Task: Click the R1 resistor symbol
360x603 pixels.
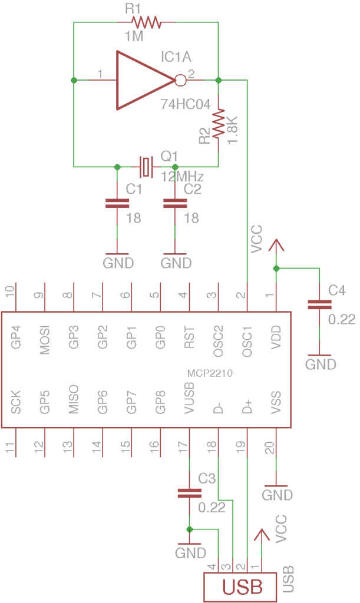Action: coord(146,22)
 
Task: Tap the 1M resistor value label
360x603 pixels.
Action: coord(134,37)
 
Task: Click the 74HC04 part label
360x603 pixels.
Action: coord(185,105)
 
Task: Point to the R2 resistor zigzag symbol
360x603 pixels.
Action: coord(219,123)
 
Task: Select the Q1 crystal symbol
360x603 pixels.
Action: coord(146,167)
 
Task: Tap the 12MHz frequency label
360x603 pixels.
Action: coord(182,177)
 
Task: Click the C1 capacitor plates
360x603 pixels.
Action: coord(117,203)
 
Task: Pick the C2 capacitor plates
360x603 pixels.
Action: coord(174,203)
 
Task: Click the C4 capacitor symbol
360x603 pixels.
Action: coord(319,304)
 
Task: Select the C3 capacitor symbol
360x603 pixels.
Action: coord(189,493)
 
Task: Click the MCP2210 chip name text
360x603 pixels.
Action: coord(209,373)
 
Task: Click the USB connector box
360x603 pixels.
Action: coord(240,587)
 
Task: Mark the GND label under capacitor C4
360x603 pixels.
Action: coord(320,365)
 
